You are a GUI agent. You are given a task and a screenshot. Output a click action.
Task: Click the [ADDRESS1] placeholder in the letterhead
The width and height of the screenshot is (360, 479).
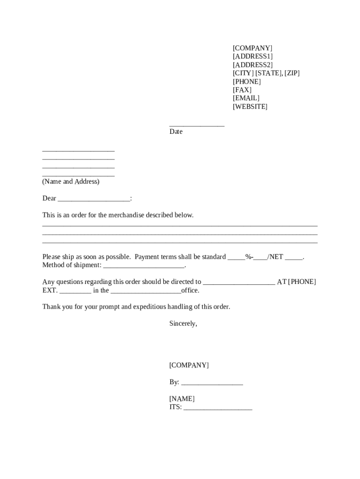pyautogui.click(x=252, y=57)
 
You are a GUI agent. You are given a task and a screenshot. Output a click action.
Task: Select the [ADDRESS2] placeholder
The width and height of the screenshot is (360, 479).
pyautogui.click(x=252, y=65)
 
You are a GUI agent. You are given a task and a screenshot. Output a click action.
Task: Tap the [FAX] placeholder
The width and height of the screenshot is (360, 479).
pyautogui.click(x=242, y=90)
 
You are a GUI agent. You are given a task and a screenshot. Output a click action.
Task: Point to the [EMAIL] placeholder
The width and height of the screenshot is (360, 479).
pyautogui.click(x=246, y=98)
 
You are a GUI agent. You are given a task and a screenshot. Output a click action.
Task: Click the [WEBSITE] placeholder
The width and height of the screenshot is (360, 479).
pyautogui.click(x=250, y=107)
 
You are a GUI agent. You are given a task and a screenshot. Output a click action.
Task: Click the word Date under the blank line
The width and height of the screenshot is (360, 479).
pyautogui.click(x=176, y=132)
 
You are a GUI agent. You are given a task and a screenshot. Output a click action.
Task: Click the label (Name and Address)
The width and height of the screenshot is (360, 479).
pyautogui.click(x=71, y=181)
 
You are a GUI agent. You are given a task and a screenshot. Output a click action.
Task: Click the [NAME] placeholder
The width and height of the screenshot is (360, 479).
pyautogui.click(x=182, y=399)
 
